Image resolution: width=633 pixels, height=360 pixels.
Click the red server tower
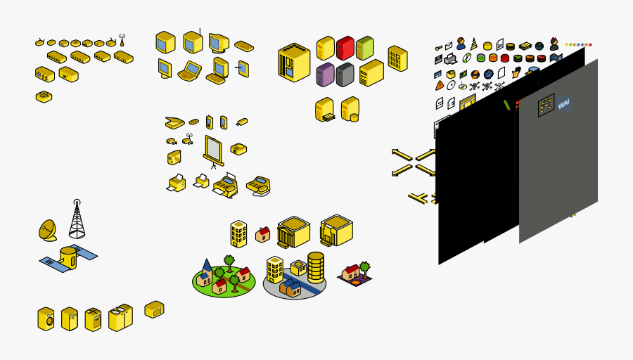[x=345, y=48]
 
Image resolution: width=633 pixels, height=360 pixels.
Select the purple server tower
[x=325, y=74]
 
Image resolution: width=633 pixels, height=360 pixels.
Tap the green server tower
[x=364, y=48]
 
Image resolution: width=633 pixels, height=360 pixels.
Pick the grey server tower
[x=345, y=74]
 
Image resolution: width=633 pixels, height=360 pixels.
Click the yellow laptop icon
[x=189, y=71]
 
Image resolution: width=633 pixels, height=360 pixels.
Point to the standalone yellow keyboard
[x=244, y=46]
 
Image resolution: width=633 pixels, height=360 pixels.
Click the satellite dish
[x=48, y=230]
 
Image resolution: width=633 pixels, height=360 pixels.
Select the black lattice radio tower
[x=77, y=220]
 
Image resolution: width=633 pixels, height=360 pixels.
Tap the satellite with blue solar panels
[x=68, y=258]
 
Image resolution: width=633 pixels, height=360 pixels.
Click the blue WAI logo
[x=564, y=105]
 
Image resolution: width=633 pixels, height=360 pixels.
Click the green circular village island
[x=224, y=279]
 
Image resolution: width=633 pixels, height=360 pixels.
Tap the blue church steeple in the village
[x=206, y=266]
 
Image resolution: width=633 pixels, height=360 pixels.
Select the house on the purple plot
[x=354, y=273]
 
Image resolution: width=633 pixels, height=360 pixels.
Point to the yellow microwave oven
[x=154, y=309]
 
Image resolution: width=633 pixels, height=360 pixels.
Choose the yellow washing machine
[x=46, y=319]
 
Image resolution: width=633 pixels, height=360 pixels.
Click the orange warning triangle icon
[x=440, y=86]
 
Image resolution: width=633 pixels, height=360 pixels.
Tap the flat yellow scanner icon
[x=174, y=122]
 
